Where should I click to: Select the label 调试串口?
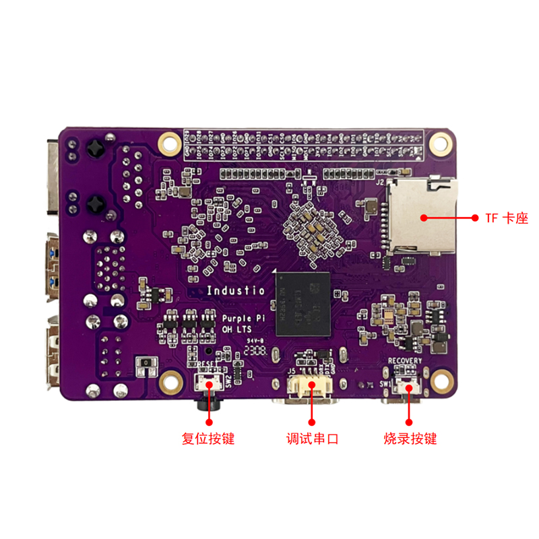tap(312, 439)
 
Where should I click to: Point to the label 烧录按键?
tap(410, 439)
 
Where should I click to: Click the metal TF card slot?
tap(421, 216)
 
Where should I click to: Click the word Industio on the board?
tap(235, 291)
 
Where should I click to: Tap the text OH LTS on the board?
tap(236, 329)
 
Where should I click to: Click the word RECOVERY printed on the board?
tap(405, 361)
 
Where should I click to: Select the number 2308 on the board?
tap(256, 350)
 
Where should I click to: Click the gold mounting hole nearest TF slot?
tap(441, 142)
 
